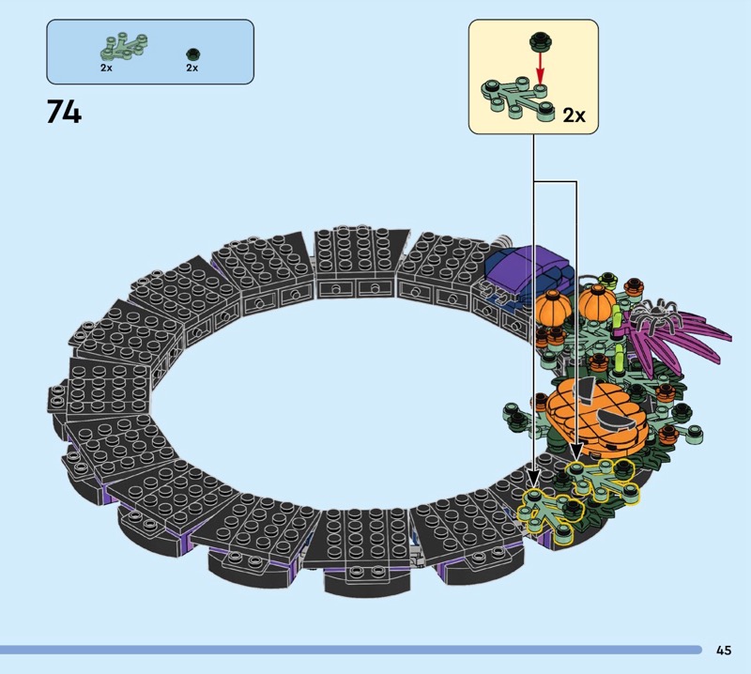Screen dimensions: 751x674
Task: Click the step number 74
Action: [x=64, y=113]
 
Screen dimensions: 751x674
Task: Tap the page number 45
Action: [x=724, y=650]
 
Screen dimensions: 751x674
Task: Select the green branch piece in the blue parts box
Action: [x=124, y=46]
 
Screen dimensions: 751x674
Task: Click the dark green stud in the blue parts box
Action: [x=192, y=54]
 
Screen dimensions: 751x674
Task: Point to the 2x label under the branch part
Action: [x=106, y=68]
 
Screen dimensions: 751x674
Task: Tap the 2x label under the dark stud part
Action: [x=192, y=68]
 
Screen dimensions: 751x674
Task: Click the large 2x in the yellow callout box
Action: [x=574, y=115]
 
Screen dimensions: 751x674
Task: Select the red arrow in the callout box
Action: [x=541, y=68]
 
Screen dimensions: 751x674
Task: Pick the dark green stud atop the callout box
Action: [x=540, y=40]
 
